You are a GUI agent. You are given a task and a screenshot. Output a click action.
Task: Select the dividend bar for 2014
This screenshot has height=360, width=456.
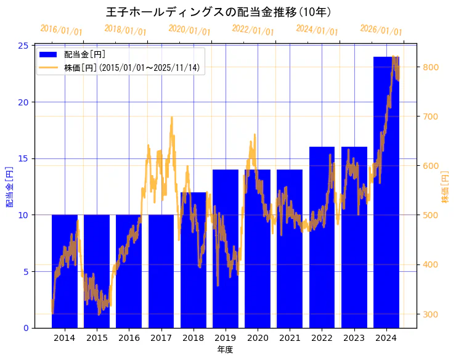[x=65, y=271]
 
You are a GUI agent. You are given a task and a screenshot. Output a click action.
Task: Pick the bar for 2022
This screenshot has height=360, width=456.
[x=322, y=237]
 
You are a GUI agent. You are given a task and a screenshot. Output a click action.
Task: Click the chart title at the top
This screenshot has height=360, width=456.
[x=219, y=12]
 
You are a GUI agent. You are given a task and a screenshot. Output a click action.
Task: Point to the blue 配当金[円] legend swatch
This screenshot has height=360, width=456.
[x=48, y=54]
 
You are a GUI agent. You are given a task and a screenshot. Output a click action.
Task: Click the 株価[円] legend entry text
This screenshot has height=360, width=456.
[x=132, y=68]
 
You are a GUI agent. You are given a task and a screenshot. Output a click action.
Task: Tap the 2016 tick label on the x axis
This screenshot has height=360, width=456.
[x=129, y=338]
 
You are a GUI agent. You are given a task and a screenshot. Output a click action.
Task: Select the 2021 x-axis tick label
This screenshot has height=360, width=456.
[x=290, y=338]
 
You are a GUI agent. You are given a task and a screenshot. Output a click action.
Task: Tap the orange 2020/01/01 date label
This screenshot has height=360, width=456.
[x=189, y=30]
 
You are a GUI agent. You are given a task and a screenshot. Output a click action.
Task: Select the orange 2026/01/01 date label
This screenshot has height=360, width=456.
[x=381, y=30]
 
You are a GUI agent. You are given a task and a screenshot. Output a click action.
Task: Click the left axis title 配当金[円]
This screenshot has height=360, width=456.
[x=9, y=186]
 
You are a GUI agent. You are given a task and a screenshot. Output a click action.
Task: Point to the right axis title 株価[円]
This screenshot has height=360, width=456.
[x=446, y=187]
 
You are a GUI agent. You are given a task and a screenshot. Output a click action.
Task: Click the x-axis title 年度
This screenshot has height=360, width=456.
[x=226, y=350]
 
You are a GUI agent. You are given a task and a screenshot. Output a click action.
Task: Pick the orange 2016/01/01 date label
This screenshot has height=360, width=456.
[x=61, y=30]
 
